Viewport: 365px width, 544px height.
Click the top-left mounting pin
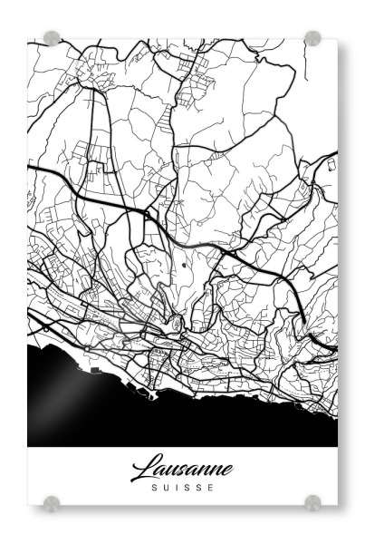(x=52, y=38)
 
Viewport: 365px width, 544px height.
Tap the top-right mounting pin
(x=312, y=38)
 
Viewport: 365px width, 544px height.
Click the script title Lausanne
(x=182, y=469)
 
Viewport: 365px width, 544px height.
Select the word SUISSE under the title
(x=182, y=487)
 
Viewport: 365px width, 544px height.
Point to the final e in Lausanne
(x=226, y=471)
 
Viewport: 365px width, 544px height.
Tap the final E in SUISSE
(x=212, y=487)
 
